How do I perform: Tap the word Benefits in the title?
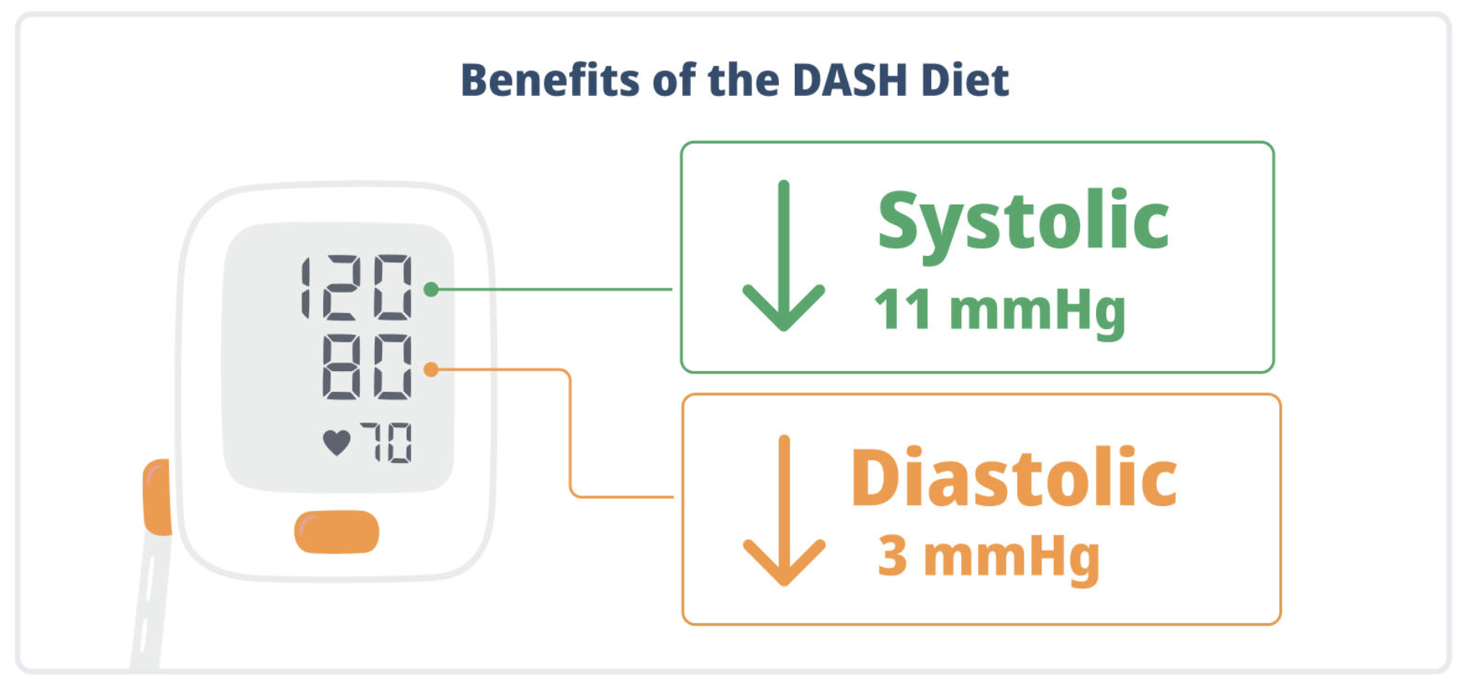coord(549,80)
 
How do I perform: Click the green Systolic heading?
coord(1022,221)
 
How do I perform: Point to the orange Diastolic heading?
coord(1014,478)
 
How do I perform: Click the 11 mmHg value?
coord(998,310)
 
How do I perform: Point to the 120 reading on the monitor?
coord(357,287)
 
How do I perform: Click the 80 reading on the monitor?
coord(367,366)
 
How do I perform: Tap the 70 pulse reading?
coord(387,442)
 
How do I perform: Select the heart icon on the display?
coord(337,442)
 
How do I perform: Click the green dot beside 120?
coord(431,289)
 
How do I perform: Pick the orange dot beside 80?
coord(431,369)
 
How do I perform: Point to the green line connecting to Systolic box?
coord(555,289)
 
